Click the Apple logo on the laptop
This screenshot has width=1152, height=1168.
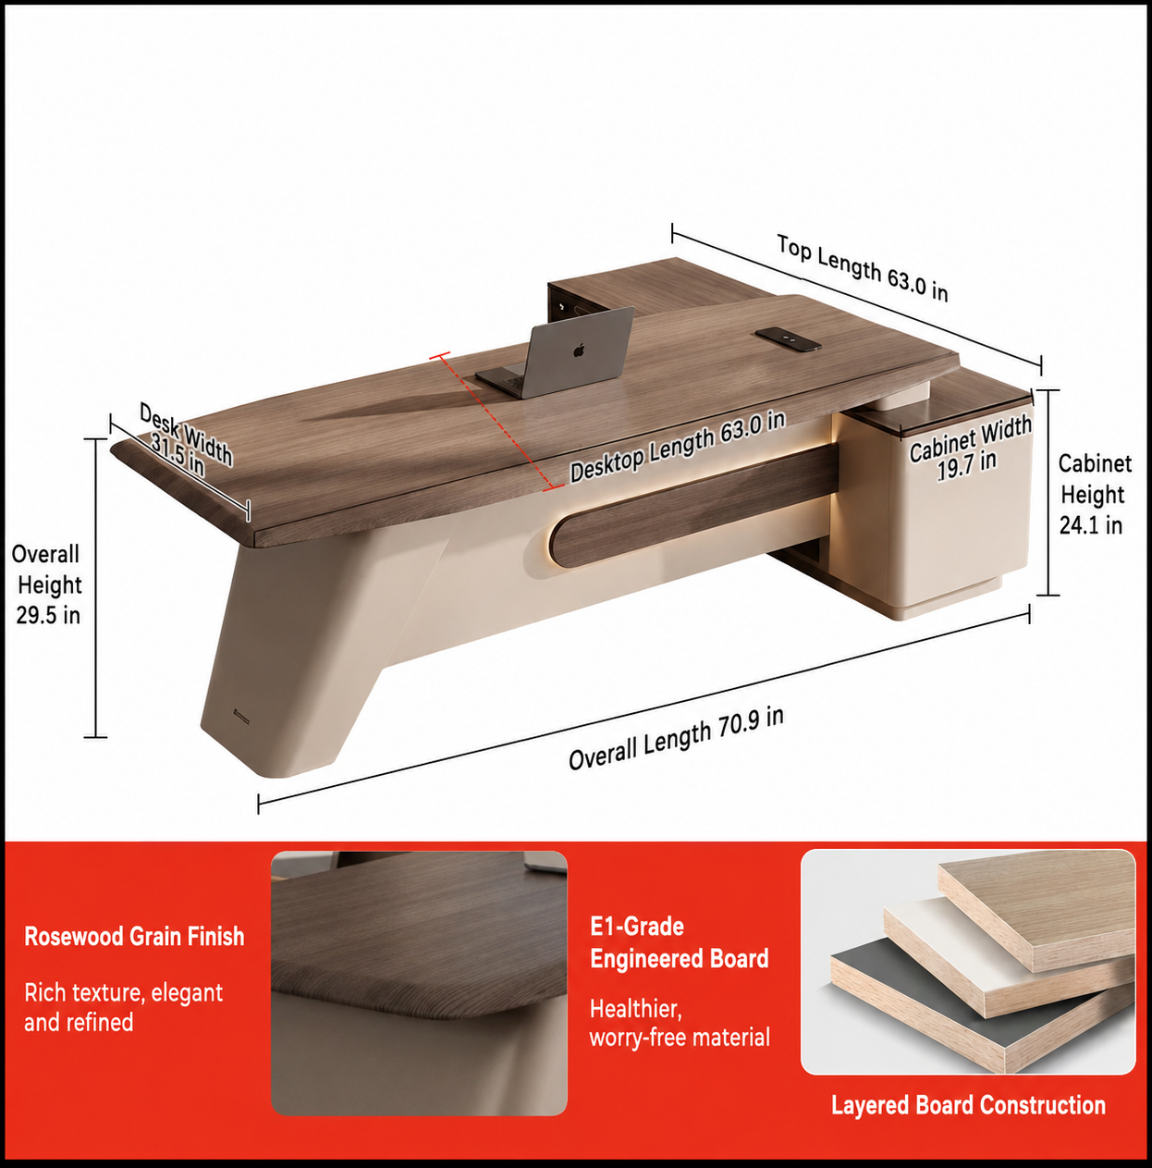pos(580,350)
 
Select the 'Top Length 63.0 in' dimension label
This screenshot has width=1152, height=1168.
pos(863,268)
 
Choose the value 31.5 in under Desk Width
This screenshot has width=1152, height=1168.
pos(178,455)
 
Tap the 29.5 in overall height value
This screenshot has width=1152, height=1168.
pos(48,615)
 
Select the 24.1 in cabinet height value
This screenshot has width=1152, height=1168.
pos(1091,525)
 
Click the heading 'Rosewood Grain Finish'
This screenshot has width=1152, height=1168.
pos(135,937)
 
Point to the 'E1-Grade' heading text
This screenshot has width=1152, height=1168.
pos(637,926)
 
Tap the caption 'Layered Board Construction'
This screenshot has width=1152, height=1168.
pos(968,1105)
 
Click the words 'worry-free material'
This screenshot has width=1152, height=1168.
pos(680,1037)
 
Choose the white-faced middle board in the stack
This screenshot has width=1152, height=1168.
pos(1006,958)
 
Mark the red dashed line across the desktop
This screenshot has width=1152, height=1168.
pos(493,422)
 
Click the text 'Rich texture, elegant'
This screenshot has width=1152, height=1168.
pos(123,993)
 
